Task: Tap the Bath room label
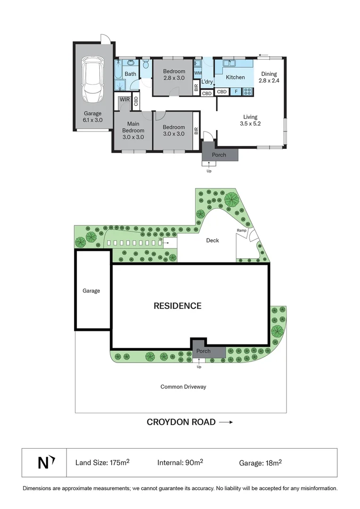click(x=131, y=74)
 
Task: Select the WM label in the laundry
click(x=198, y=74)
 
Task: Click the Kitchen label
click(x=235, y=77)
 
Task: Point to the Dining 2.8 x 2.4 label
click(x=269, y=77)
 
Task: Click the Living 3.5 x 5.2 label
click(x=250, y=121)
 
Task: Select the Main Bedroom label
click(x=133, y=130)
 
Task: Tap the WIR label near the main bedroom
click(x=124, y=100)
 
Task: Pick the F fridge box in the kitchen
click(x=236, y=92)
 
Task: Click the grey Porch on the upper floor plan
click(x=219, y=155)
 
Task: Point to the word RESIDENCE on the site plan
click(x=177, y=306)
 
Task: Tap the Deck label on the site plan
click(x=213, y=240)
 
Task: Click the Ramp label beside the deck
click(x=241, y=230)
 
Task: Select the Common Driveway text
click(x=183, y=387)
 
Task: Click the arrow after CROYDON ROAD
click(x=226, y=422)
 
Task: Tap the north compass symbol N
click(x=44, y=463)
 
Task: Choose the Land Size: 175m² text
click(x=102, y=463)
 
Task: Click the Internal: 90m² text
click(x=180, y=463)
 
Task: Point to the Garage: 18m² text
click(x=260, y=463)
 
